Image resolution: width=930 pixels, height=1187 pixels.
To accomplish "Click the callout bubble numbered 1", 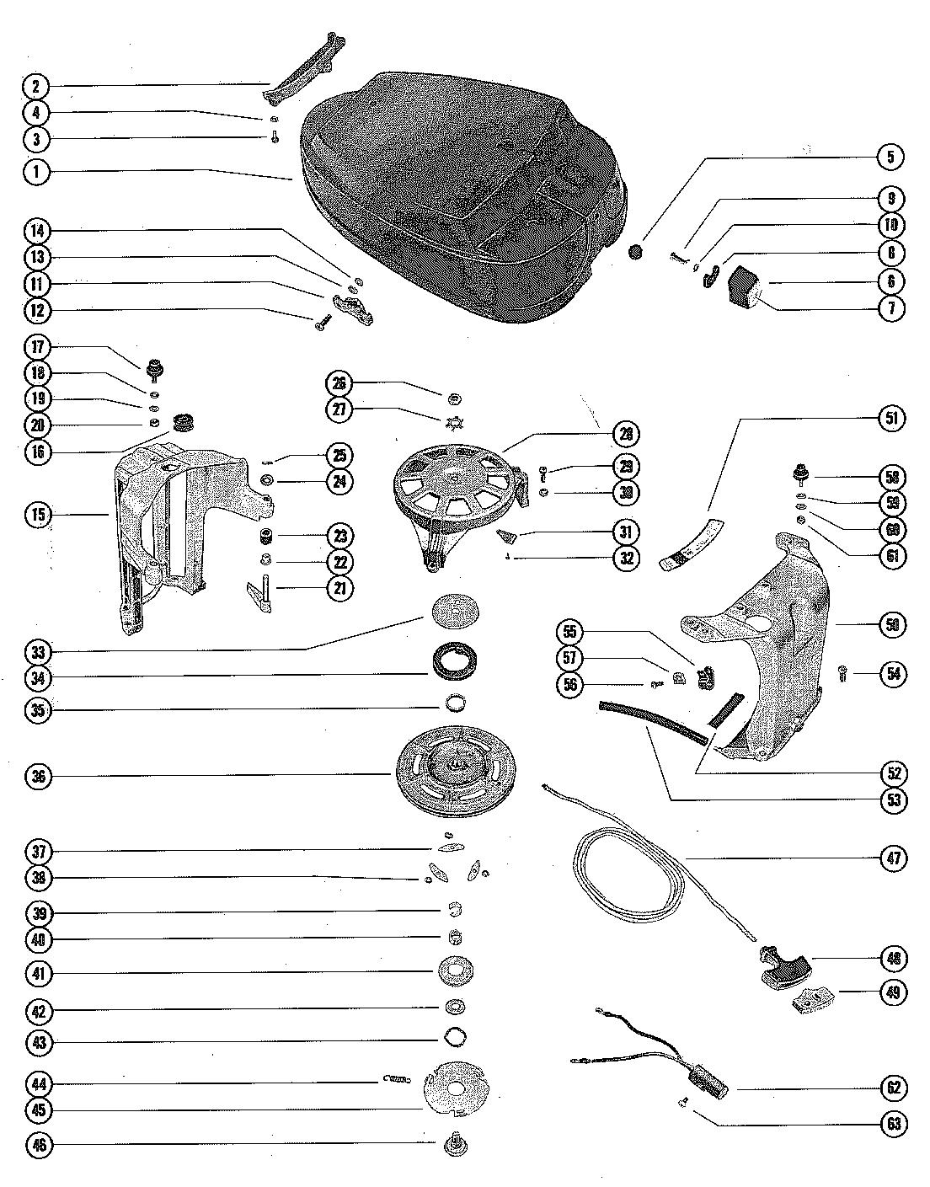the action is (36, 172).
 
